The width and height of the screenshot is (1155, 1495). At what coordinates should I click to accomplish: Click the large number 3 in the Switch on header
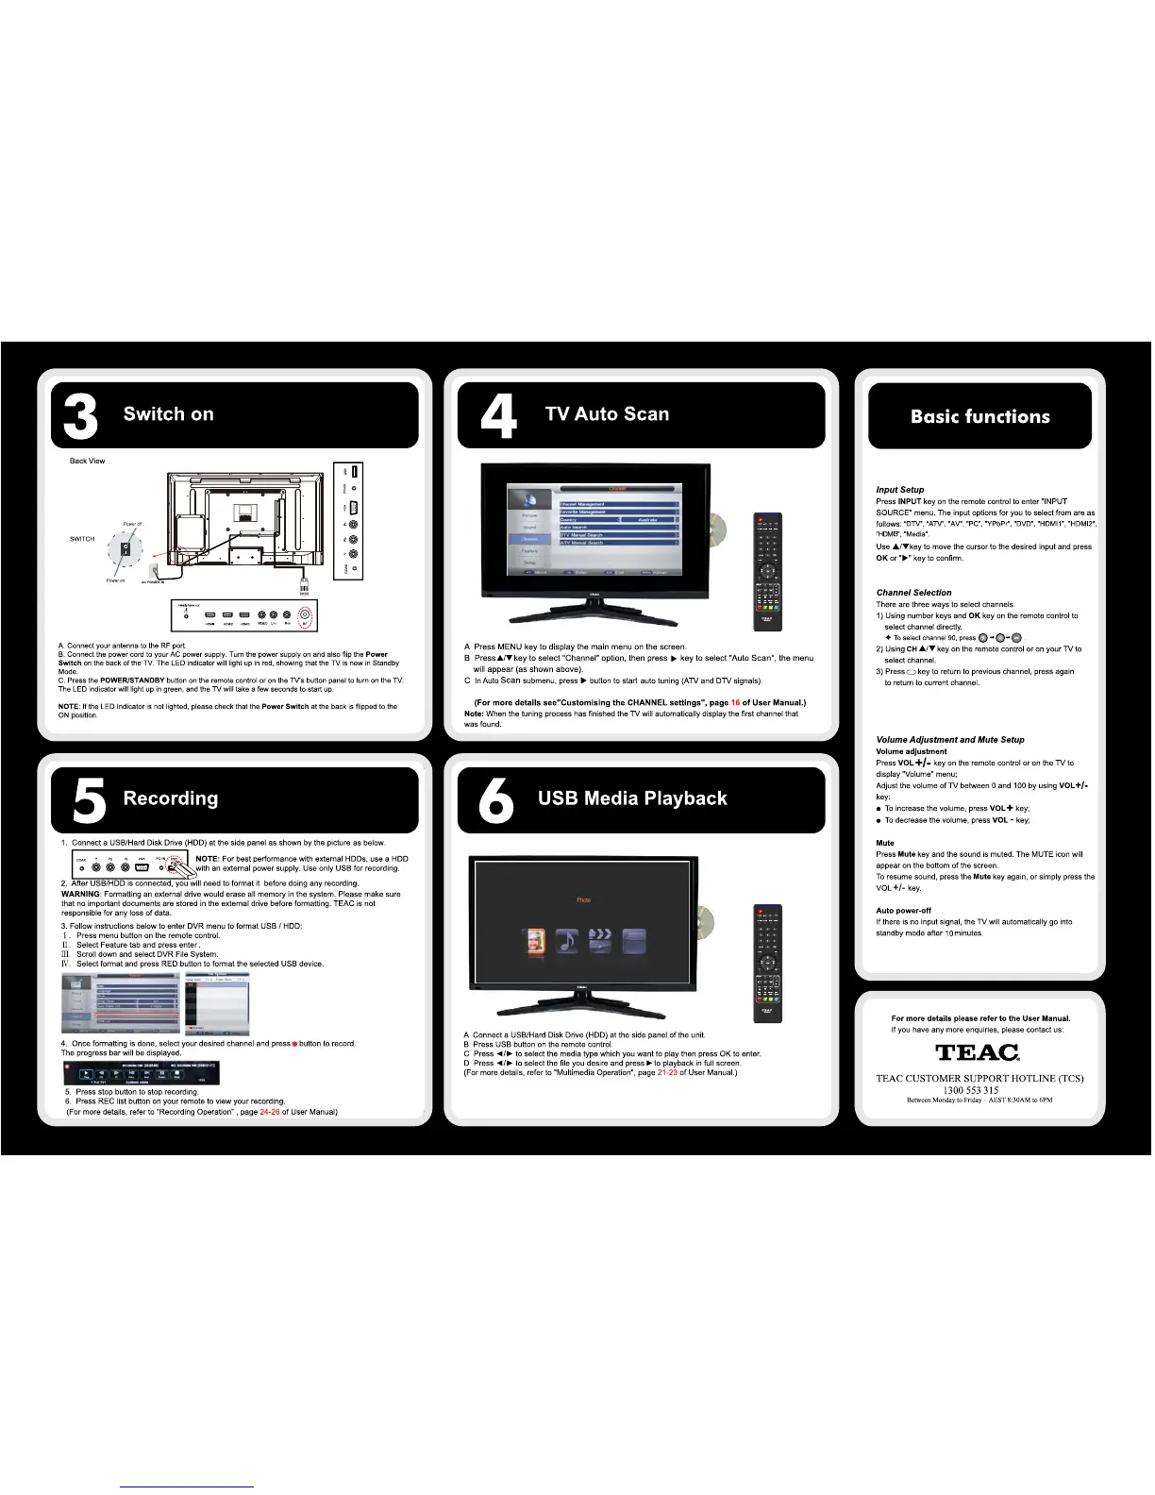[80, 416]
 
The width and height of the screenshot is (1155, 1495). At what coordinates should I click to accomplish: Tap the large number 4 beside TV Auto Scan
[497, 416]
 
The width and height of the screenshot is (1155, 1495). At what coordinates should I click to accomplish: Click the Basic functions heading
[979, 417]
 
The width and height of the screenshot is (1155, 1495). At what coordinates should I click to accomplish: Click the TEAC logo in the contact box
[978, 1052]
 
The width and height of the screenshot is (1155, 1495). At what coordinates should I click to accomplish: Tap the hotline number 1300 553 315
[971, 1090]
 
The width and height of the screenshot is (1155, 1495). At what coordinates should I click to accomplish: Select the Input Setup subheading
[899, 490]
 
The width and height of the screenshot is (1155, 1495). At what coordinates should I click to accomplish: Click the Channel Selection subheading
[913, 593]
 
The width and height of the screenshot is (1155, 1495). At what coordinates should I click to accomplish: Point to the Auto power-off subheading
[903, 911]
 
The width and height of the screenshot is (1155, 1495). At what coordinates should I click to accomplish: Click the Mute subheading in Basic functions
[884, 843]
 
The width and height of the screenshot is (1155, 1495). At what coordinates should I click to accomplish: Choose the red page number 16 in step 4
[735, 703]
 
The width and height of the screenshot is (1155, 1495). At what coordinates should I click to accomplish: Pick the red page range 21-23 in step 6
[667, 1073]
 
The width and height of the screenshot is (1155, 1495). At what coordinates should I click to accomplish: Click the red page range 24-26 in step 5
[269, 1112]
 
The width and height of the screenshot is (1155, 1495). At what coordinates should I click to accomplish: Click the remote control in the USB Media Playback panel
[767, 962]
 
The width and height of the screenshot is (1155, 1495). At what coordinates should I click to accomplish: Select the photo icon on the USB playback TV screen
[534, 941]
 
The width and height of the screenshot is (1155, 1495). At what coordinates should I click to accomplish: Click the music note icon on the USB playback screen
[567, 941]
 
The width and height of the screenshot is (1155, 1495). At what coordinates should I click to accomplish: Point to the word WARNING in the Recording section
[80, 894]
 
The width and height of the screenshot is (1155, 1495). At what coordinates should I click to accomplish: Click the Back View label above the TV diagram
[87, 462]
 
